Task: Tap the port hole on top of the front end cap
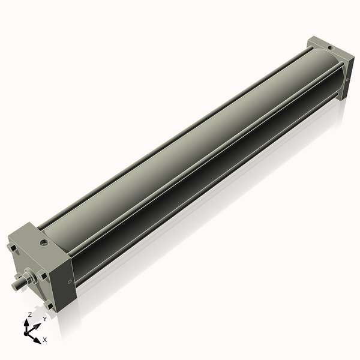(44, 243)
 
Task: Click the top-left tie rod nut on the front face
(12, 247)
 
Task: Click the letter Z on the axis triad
(30, 315)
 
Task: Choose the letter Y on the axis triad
(44, 320)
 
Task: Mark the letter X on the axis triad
(44, 340)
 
